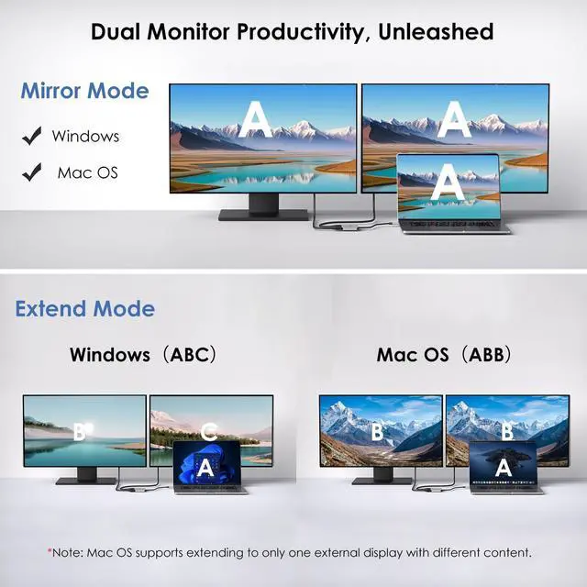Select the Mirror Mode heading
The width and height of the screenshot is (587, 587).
coord(84,92)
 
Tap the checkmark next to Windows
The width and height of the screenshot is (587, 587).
coord(32,137)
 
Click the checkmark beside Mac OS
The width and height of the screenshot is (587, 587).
coord(32,172)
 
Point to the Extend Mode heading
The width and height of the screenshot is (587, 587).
coord(84,308)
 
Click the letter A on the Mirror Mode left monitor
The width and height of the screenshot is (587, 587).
coord(254,120)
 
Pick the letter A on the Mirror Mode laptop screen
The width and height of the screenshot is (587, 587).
coord(448,181)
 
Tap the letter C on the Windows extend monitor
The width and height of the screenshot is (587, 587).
coord(208,430)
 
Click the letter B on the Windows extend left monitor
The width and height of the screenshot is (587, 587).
coord(80,429)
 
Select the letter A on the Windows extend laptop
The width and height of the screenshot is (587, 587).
coord(205,467)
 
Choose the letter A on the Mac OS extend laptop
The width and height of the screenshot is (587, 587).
coord(502,467)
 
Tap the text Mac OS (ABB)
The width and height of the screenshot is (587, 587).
coord(444,354)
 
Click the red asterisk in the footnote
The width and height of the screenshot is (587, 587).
coord(50,551)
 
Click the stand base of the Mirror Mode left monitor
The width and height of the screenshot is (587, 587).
coord(263,216)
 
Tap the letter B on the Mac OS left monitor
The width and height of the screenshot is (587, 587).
coord(378,431)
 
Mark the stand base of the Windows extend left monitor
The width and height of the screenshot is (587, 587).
coord(85,481)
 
